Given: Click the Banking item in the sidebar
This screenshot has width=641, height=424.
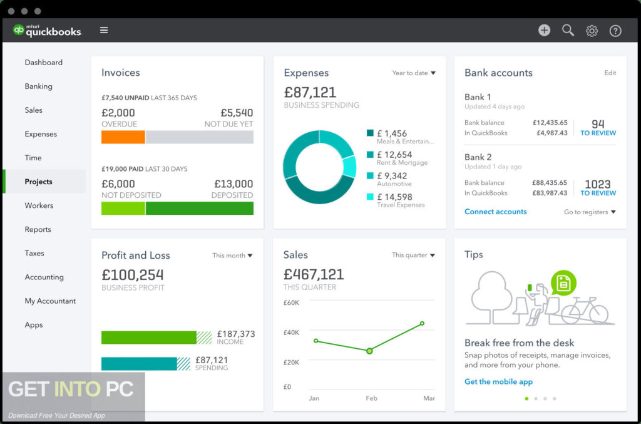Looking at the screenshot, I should pos(39,86).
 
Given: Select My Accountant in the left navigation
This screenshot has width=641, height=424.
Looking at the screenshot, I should pos(50,301).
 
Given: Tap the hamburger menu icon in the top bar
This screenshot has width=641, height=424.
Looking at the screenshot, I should pos(104,30).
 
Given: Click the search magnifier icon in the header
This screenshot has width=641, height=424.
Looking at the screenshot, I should pos(568,30).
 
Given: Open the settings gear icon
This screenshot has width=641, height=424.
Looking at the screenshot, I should pos(592,31).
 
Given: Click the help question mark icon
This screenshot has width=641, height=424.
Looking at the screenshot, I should pos(615,31).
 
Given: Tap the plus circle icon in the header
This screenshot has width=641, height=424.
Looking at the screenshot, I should pos(544,30).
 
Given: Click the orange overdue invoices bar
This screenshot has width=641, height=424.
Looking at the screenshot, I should pos(123,137).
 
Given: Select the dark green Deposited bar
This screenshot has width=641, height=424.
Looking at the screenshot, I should pos(199,209).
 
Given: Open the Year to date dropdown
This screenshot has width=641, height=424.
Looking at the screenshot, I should pos(413,73).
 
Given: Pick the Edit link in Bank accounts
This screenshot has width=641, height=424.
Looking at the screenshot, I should pos(610,73).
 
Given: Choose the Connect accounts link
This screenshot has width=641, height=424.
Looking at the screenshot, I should pos(495,212).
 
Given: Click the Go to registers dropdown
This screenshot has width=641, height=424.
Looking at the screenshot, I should pos(589,212).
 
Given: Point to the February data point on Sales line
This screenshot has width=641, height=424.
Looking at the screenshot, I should pos(369,351).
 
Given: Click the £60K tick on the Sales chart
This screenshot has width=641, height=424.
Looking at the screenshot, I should pos(291,302).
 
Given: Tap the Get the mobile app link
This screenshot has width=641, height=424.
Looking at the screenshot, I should pos(498,381).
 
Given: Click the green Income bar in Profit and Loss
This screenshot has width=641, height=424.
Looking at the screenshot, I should pos(149,338).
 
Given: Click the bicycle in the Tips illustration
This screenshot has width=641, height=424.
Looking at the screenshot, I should pos(585,311).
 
